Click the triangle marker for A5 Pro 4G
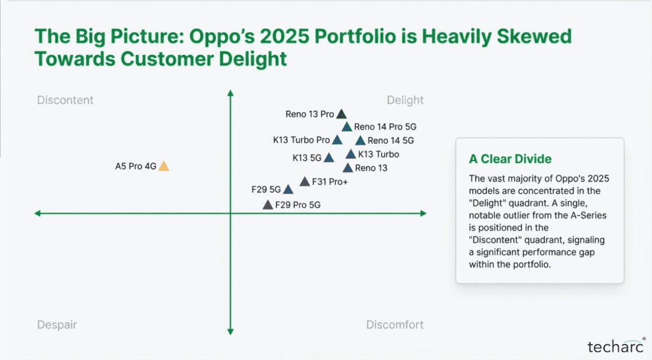click(x=164, y=166)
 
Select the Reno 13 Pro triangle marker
click(x=341, y=115)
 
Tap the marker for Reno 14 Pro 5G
click(x=347, y=127)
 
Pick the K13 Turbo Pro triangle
click(x=337, y=140)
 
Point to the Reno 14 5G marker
click(x=360, y=141)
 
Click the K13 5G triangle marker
click(x=329, y=157)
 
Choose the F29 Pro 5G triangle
click(x=268, y=205)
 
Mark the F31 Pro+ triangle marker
click(x=305, y=182)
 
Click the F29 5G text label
click(x=266, y=189)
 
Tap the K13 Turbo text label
click(x=379, y=154)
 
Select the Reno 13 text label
click(x=371, y=168)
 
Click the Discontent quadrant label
click(x=65, y=100)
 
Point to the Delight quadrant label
click(x=405, y=100)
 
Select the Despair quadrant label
click(x=57, y=325)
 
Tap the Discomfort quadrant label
click(x=395, y=325)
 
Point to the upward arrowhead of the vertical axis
click(x=230, y=93)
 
